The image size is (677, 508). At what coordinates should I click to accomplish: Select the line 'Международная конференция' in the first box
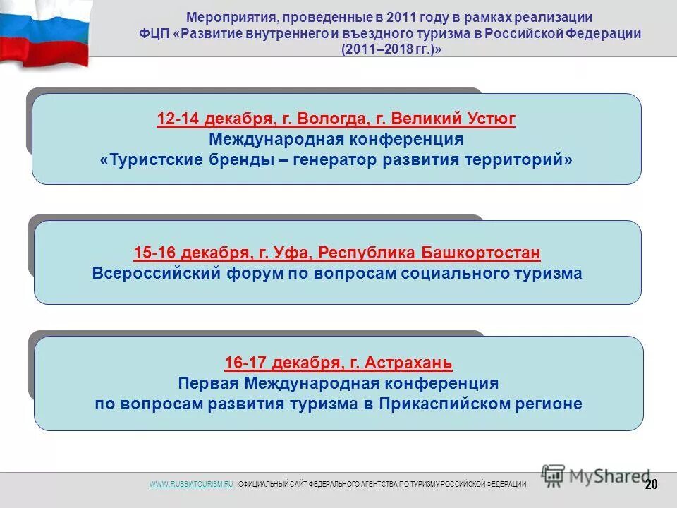336,139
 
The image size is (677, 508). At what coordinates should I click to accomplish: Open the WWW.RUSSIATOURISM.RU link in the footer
190,483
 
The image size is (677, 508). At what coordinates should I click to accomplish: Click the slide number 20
651,483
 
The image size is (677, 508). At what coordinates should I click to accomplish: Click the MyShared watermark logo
596,475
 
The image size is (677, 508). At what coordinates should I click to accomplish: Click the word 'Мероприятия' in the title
231,18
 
